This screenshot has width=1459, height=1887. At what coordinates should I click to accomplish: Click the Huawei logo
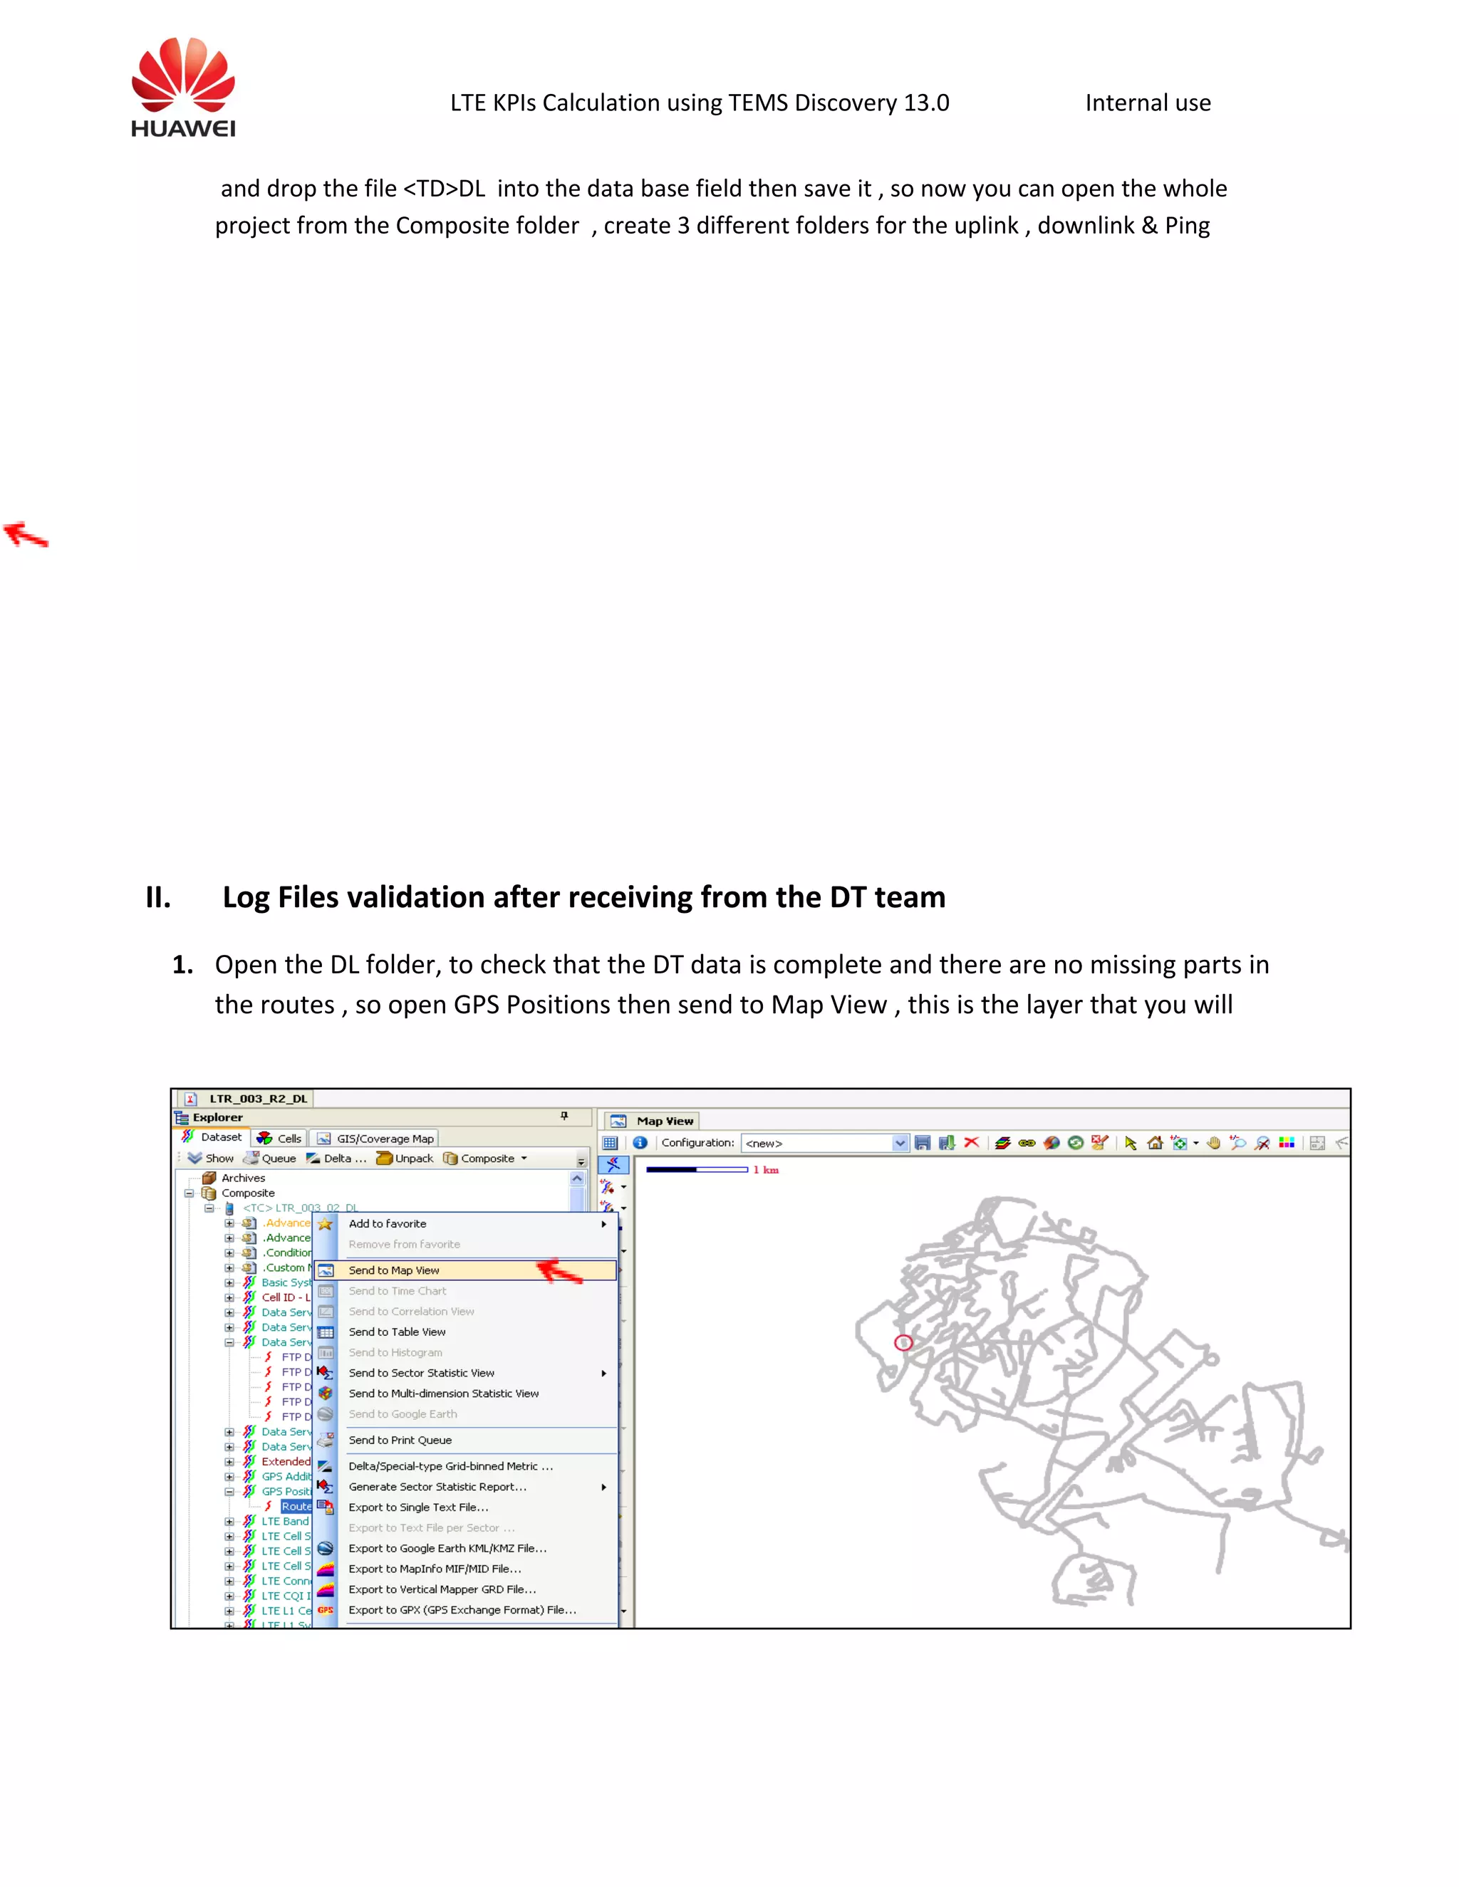[x=183, y=88]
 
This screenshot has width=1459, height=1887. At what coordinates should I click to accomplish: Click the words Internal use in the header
[x=1147, y=103]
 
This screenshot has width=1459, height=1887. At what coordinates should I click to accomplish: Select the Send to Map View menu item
[x=393, y=1270]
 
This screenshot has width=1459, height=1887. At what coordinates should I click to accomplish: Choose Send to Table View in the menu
[x=397, y=1332]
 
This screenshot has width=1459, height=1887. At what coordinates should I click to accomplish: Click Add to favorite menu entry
[x=388, y=1223]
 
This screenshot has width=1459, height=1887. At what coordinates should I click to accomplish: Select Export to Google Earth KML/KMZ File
[x=447, y=1548]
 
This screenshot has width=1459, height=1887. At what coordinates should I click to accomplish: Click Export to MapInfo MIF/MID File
[x=434, y=1568]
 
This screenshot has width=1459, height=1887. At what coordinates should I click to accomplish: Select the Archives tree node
[x=243, y=1178]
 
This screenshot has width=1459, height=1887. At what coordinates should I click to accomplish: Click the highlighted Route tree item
[x=296, y=1506]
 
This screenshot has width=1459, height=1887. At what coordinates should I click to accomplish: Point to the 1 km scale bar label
[x=765, y=1170]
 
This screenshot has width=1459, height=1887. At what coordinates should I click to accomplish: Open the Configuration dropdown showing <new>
[x=899, y=1143]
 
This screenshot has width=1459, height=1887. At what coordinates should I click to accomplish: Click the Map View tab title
[x=664, y=1121]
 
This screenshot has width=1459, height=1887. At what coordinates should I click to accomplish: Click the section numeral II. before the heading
[x=158, y=898]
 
